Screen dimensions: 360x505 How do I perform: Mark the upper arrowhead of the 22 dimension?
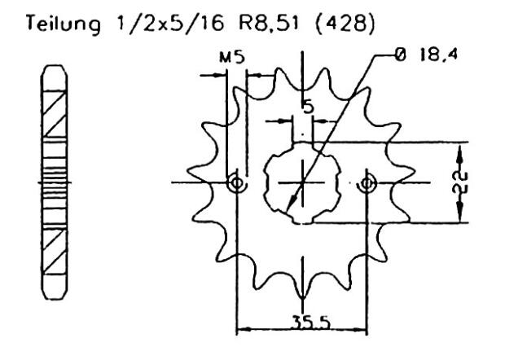click(x=461, y=151)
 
